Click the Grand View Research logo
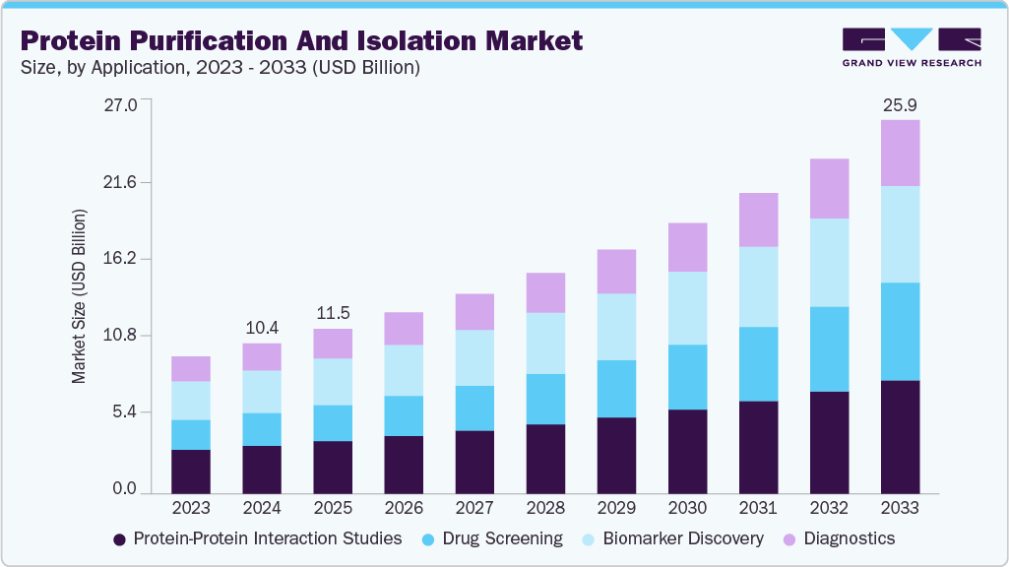click(x=911, y=46)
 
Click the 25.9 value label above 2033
click(x=900, y=104)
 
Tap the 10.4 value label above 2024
click(x=262, y=327)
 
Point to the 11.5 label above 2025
click(x=333, y=313)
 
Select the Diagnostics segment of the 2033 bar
click(x=900, y=153)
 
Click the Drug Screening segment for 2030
click(x=687, y=377)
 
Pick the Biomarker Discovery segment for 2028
click(x=545, y=343)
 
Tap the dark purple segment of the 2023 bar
click(x=191, y=472)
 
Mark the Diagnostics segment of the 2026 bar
click(x=404, y=329)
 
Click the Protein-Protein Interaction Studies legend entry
click(x=258, y=538)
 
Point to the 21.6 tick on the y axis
click(x=122, y=183)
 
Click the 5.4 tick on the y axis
click(x=126, y=411)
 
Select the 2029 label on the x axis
click(x=616, y=508)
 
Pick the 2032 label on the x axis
click(x=829, y=508)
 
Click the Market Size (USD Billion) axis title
click(x=79, y=296)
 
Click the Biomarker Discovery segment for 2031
click(x=758, y=286)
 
